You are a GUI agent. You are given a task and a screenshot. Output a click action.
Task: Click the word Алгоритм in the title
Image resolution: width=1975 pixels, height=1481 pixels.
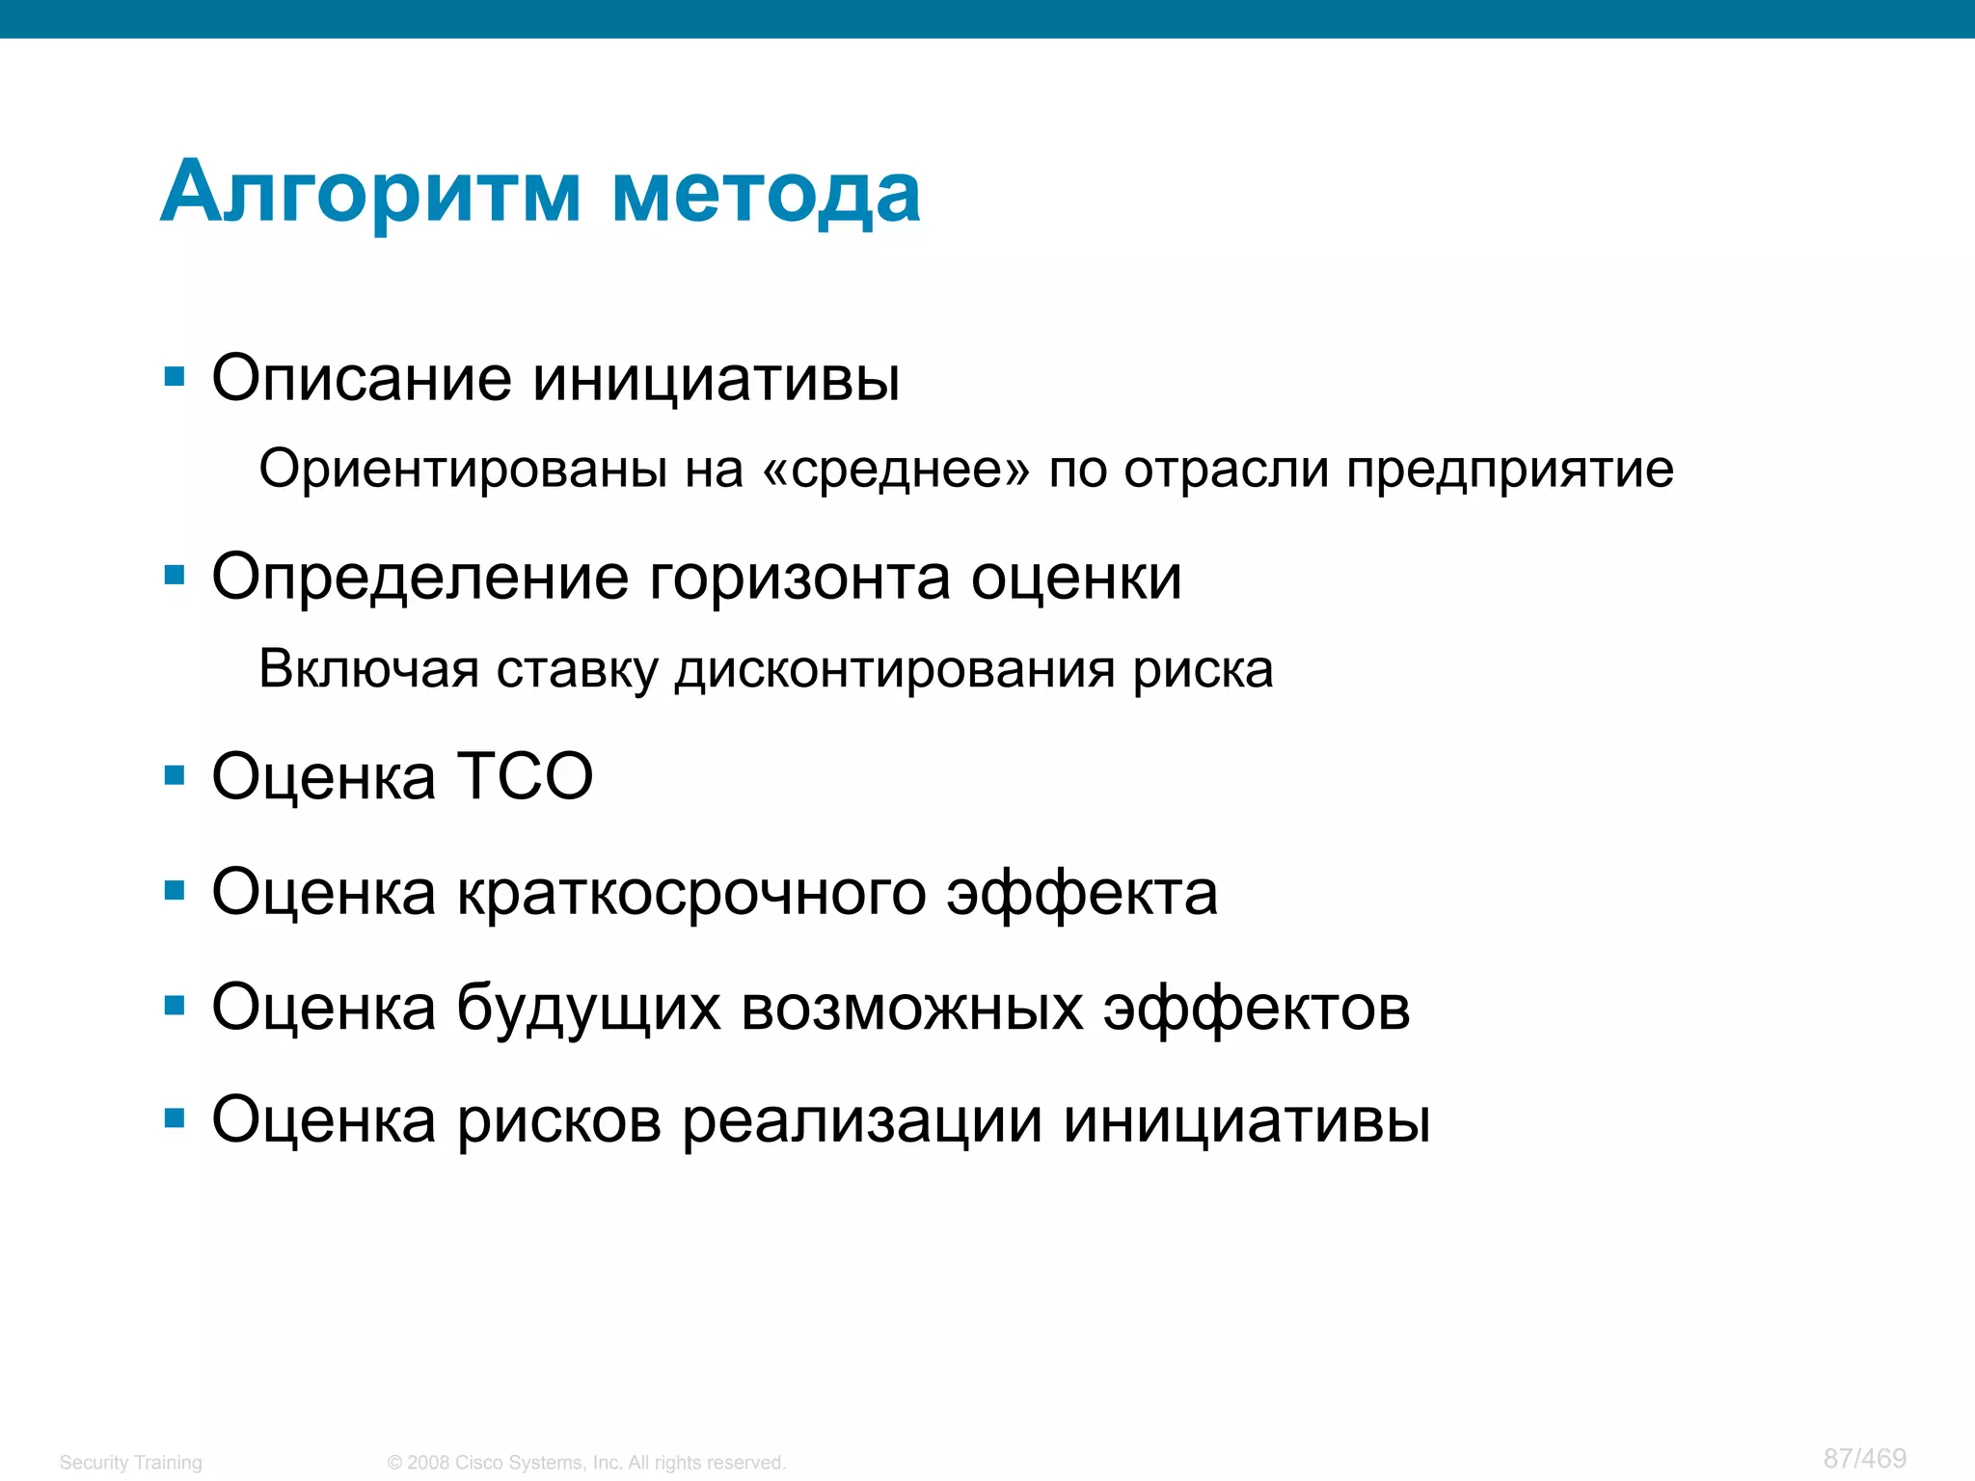[x=370, y=193]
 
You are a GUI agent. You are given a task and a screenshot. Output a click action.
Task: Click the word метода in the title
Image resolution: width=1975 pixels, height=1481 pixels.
[x=766, y=193]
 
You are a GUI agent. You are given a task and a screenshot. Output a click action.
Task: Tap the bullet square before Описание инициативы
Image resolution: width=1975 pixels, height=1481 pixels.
[x=175, y=376]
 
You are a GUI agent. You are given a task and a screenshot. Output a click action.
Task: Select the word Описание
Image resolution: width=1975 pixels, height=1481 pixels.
[x=362, y=378]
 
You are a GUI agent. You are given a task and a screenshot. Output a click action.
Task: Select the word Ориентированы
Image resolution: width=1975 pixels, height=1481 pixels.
[x=463, y=471]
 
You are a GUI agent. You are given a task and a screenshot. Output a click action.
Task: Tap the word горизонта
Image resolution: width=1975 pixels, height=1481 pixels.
[x=799, y=579]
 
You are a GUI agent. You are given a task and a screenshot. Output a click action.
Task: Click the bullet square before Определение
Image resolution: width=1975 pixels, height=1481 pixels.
[x=175, y=576]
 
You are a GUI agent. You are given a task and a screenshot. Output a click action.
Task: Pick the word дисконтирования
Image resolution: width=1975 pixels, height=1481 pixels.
[x=894, y=670]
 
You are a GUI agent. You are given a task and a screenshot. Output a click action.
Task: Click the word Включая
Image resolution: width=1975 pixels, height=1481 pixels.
[x=369, y=669]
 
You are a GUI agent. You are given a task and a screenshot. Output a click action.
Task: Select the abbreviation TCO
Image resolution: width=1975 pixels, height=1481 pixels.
[x=525, y=776]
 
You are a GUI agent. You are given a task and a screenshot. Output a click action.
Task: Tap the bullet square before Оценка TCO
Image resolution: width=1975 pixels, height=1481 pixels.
[x=175, y=775]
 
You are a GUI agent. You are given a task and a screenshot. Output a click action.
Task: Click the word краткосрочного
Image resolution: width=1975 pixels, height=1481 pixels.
[x=690, y=894]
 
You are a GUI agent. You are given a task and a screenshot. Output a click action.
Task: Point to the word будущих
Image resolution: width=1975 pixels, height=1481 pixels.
[x=588, y=1010]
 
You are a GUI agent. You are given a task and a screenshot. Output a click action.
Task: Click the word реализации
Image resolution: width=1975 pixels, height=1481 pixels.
[x=862, y=1121]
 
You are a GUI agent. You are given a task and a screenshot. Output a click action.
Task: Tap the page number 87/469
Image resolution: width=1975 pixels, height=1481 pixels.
[x=1864, y=1458]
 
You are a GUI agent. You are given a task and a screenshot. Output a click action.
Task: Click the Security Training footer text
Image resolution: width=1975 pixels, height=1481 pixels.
[x=131, y=1463]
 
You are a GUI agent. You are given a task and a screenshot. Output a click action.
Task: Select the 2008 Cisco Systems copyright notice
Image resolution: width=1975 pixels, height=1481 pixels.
[x=586, y=1463]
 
